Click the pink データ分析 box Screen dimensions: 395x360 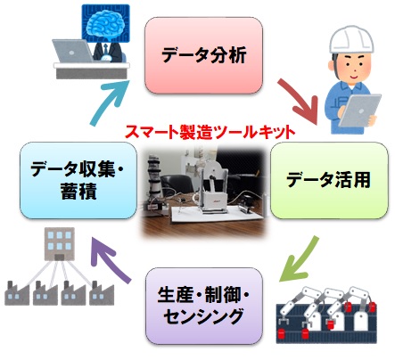(203, 55)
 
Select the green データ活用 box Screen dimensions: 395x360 (329, 180)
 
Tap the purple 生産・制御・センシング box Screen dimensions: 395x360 (204, 306)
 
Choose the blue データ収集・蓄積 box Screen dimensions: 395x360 (78, 180)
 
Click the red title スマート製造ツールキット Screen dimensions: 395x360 (210, 133)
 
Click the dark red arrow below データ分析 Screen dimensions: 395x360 (298, 101)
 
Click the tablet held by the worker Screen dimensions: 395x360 (359, 110)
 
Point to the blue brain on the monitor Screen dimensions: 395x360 (106, 27)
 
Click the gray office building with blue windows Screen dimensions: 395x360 (60, 244)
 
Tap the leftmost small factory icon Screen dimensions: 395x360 (17, 293)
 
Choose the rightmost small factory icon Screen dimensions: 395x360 (102, 293)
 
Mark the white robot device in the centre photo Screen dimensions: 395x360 (212, 189)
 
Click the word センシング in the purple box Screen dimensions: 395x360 (204, 316)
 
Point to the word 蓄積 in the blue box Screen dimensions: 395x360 (78, 192)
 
